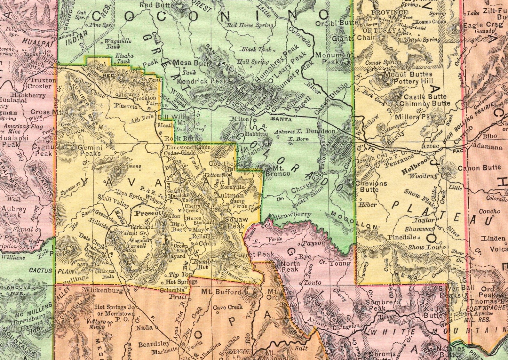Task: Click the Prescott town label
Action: pos(145,212)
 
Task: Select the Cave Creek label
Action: pos(228,307)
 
